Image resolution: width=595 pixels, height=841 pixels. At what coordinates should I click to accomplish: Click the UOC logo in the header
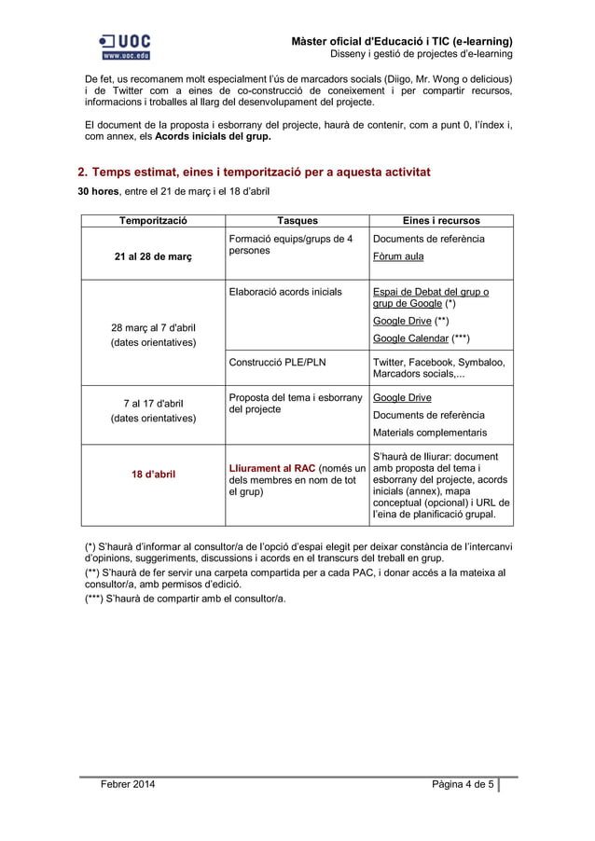click(x=124, y=47)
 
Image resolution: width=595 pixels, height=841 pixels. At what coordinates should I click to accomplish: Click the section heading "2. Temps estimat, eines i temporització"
click(x=253, y=172)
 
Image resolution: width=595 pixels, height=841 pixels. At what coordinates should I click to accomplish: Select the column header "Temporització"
click(x=152, y=221)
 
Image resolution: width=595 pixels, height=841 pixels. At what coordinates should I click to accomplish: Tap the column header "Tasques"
click(x=297, y=221)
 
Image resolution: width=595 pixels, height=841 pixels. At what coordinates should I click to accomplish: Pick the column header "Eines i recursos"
click(x=441, y=221)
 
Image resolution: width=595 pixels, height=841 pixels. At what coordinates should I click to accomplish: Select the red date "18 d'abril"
click(x=152, y=474)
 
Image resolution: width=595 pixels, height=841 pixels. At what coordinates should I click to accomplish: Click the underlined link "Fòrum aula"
click(x=397, y=256)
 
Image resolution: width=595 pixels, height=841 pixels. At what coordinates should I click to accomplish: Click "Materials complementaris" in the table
click(x=429, y=433)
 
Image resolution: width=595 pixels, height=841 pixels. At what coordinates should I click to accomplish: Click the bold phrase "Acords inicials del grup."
click(x=214, y=137)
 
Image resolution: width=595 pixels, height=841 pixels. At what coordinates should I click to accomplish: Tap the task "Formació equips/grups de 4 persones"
click(x=290, y=245)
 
